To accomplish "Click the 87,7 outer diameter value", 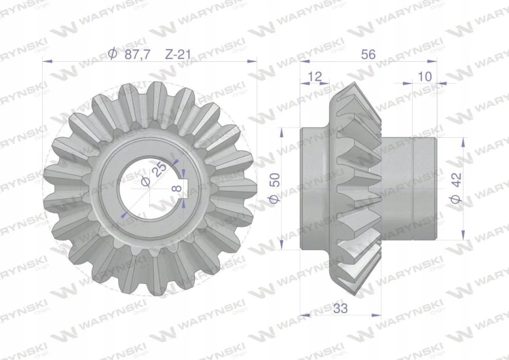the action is pyautogui.click(x=138, y=54).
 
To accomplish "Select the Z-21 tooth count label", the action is pyautogui.click(x=178, y=54).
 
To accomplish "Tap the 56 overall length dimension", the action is pyautogui.click(x=368, y=54).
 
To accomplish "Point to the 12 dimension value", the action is pyautogui.click(x=314, y=76).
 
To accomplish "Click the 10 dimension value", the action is pyautogui.click(x=425, y=76).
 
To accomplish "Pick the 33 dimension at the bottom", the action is pyautogui.click(x=340, y=308).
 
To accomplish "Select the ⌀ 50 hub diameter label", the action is pyautogui.click(x=275, y=188).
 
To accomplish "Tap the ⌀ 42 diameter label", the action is pyautogui.click(x=456, y=188).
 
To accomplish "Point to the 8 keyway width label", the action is pyautogui.click(x=176, y=187).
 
